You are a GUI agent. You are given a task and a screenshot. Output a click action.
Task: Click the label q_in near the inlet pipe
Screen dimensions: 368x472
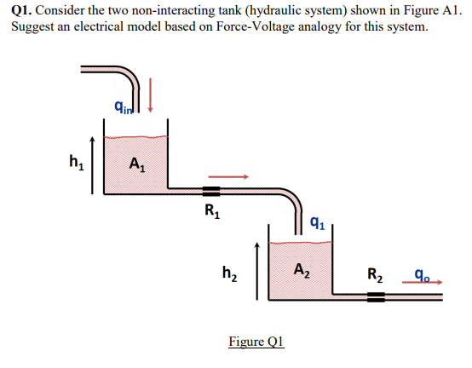[x=126, y=107]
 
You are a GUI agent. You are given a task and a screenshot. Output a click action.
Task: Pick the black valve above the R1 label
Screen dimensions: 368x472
[x=210, y=190]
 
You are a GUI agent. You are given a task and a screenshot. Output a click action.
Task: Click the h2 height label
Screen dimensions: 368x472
[x=229, y=273]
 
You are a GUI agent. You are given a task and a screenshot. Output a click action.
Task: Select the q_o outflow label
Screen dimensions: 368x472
[x=421, y=274]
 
